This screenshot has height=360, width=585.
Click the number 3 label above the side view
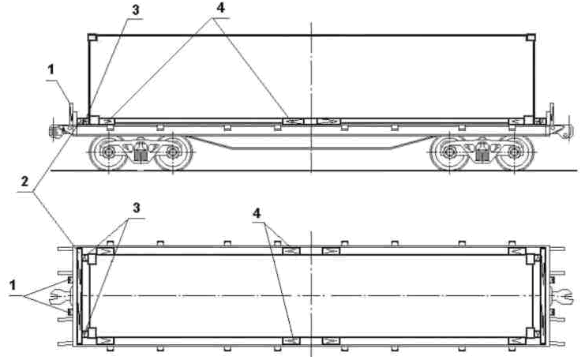[x=136, y=10]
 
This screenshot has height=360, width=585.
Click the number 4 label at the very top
[x=221, y=7]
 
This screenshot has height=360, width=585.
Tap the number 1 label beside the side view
[x=51, y=69]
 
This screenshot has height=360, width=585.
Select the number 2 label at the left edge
[x=24, y=182]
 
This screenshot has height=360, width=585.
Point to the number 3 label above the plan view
[x=137, y=208]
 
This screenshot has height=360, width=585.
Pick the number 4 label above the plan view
[x=257, y=213]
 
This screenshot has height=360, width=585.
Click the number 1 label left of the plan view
[x=13, y=285]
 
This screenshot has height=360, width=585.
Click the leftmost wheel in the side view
[x=108, y=152]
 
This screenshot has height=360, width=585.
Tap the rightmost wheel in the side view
[x=515, y=152]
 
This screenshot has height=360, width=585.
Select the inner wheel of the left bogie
[x=173, y=152]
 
